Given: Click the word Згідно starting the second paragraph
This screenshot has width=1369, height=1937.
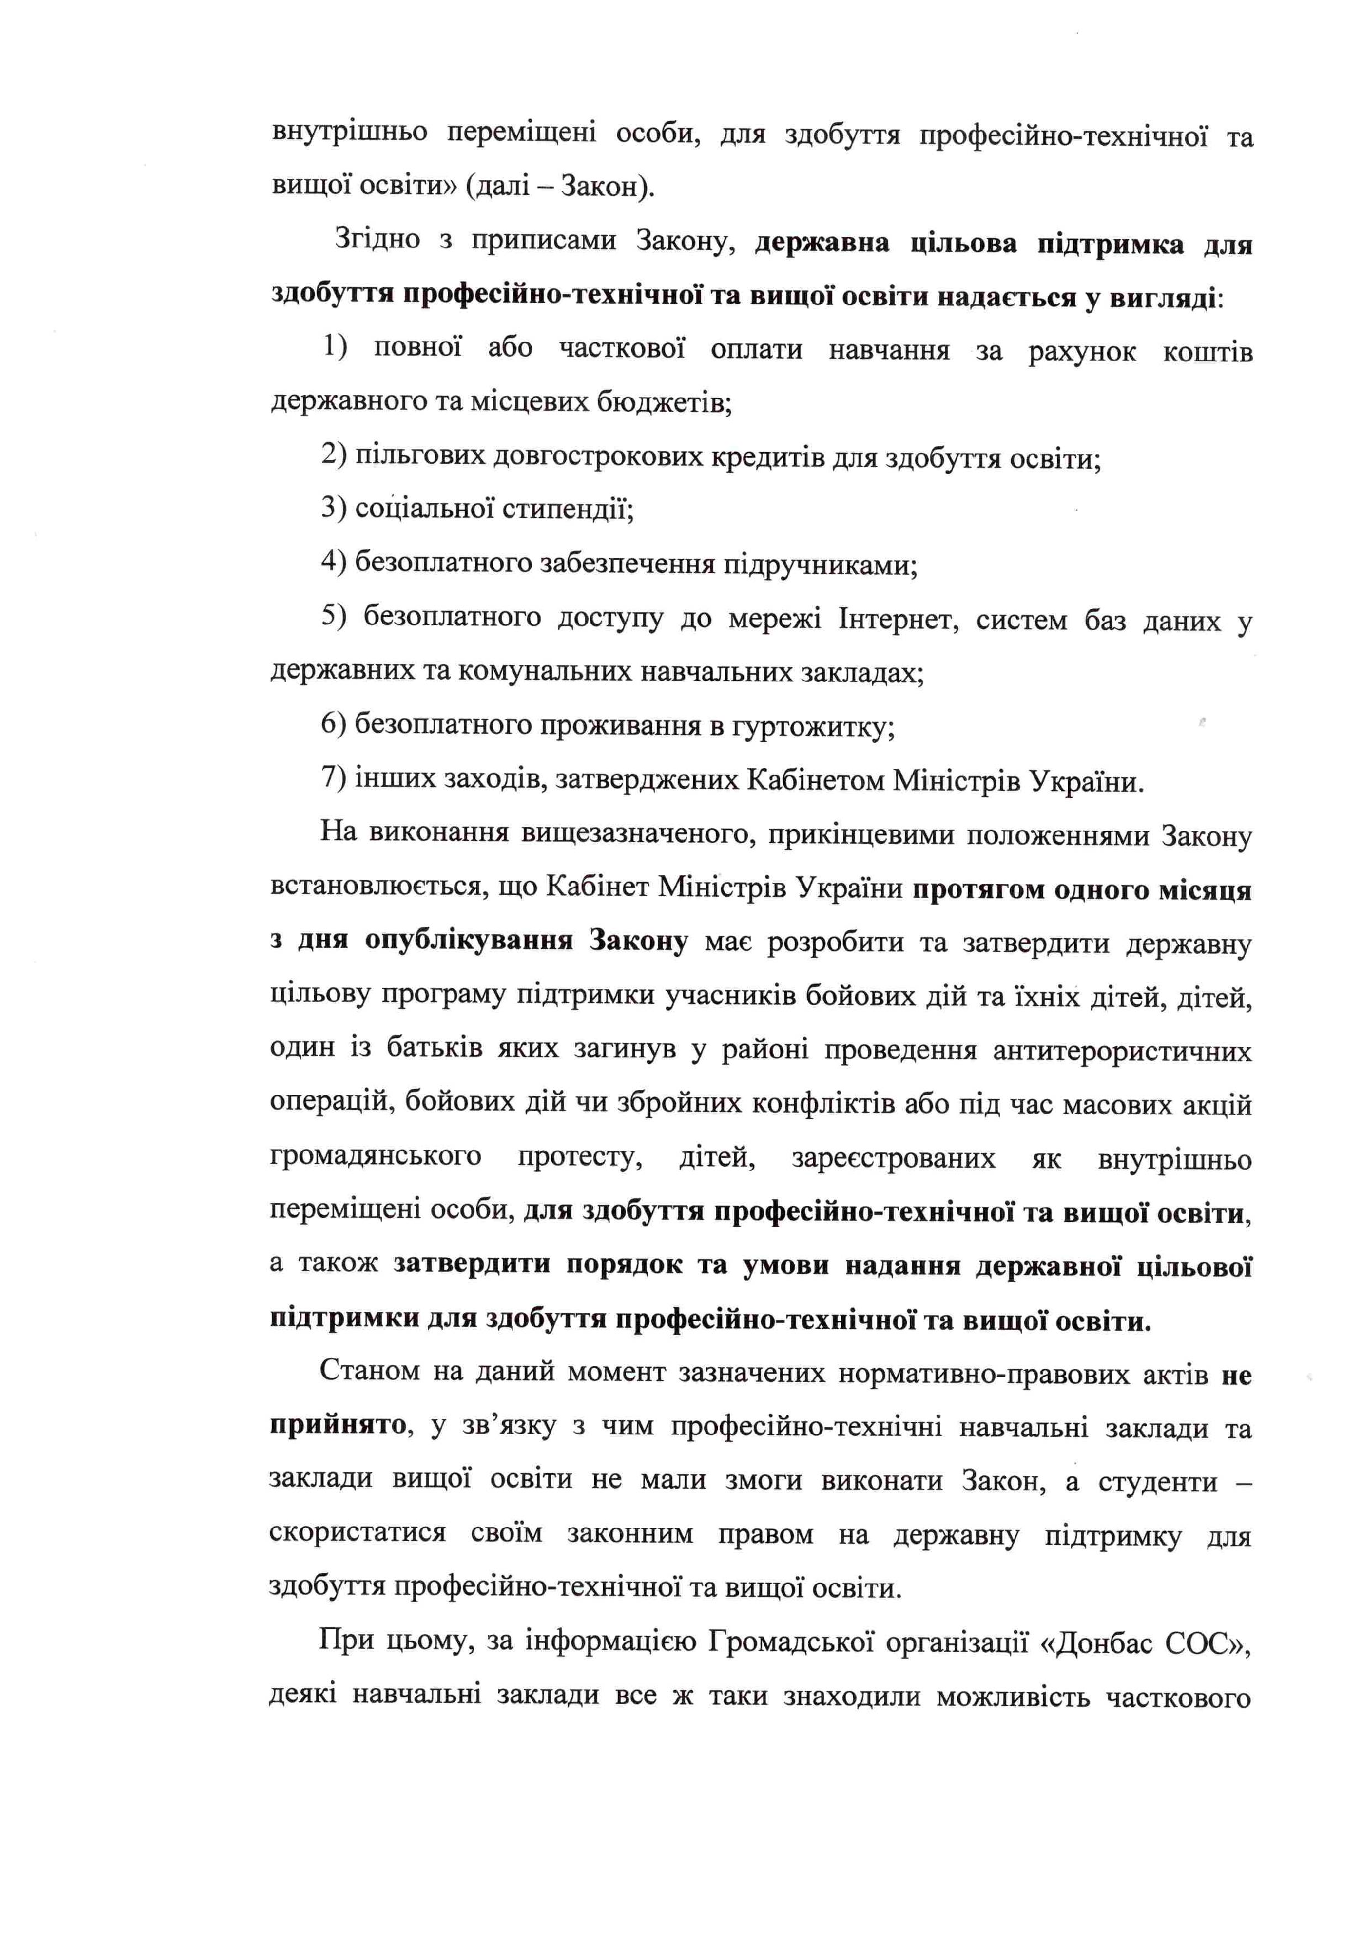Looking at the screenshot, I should coord(377,240).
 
